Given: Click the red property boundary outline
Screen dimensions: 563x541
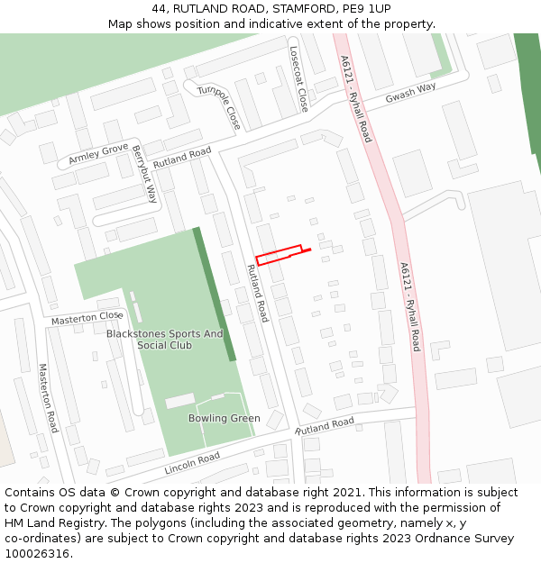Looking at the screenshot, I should click(x=279, y=254).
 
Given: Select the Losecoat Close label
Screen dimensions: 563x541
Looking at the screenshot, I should click(x=298, y=78).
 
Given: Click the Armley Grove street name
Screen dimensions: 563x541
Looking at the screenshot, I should click(x=98, y=155).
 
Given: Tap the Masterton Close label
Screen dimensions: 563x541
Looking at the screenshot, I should click(x=87, y=317).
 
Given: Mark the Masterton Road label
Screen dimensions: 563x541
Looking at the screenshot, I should click(x=48, y=397).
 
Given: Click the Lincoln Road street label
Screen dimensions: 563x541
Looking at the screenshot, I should click(x=192, y=463).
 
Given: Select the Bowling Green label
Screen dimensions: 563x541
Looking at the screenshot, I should click(x=224, y=418).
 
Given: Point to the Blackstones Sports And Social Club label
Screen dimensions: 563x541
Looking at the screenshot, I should click(x=164, y=340).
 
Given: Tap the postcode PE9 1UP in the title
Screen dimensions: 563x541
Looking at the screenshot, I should click(x=365, y=9).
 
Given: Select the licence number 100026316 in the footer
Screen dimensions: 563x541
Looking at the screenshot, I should click(x=44, y=553).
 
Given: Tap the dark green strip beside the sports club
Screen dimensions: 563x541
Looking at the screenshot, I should click(x=215, y=294).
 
